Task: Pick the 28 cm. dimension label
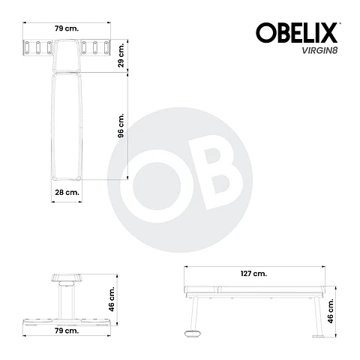point(67,193)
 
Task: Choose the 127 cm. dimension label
point(255,274)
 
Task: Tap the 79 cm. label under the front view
point(67,331)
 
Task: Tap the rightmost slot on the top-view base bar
point(106,48)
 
